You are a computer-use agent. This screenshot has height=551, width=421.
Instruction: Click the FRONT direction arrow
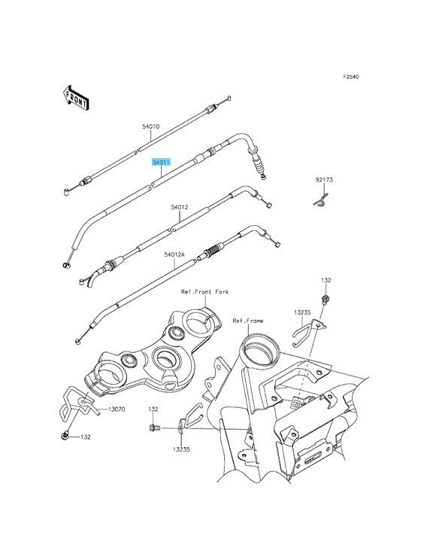click(76, 98)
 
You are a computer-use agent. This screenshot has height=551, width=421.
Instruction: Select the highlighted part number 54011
click(161, 163)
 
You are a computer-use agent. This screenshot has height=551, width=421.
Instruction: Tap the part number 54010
click(151, 126)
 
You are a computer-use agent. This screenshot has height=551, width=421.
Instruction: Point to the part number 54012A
click(174, 254)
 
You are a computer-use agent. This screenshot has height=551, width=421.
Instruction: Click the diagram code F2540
click(351, 77)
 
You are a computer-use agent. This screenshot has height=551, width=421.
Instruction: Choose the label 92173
click(324, 180)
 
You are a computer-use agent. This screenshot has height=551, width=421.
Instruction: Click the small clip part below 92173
click(321, 201)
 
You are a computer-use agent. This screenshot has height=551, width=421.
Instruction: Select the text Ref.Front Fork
click(204, 291)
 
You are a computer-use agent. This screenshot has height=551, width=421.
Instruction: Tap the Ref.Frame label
click(248, 321)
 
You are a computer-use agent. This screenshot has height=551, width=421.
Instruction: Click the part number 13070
click(117, 409)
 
